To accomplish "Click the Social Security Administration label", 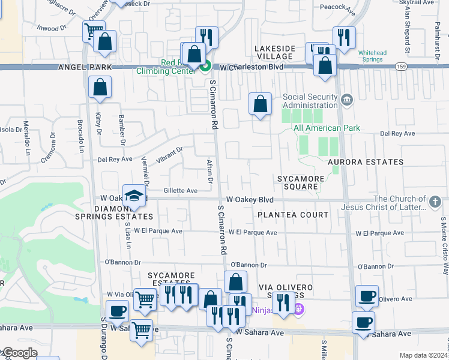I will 310,101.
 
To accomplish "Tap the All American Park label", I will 327,128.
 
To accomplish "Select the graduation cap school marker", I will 134,196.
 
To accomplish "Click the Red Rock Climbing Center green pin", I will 206,65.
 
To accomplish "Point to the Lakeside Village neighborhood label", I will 274,52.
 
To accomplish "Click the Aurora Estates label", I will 366,162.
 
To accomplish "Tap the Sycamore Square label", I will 301,182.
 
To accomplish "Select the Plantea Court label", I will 293,214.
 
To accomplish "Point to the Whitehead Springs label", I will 373,56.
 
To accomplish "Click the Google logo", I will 19,353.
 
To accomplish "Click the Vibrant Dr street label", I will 169,154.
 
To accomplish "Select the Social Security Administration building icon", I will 346,99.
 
